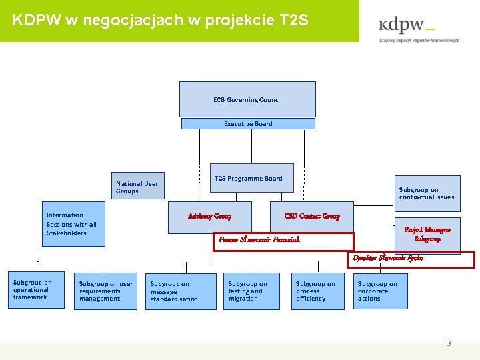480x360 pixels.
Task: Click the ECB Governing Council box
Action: tap(247, 99)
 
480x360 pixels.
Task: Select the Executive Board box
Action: tap(248, 123)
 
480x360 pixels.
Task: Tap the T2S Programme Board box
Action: tap(252, 178)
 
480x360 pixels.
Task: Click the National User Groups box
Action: tap(137, 187)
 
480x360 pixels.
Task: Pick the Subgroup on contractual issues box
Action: tap(427, 193)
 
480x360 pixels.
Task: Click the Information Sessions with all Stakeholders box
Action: tap(71, 224)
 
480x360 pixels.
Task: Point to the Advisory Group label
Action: tap(209, 216)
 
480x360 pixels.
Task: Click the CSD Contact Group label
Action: tap(311, 216)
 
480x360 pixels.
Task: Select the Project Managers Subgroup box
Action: tap(427, 234)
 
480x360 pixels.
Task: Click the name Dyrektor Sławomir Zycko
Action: tap(388, 257)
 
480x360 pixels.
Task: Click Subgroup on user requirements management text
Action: tap(106, 291)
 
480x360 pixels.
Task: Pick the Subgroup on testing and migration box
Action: tap(251, 291)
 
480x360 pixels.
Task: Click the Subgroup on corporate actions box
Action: tap(380, 291)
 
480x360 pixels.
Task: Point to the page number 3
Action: tap(449, 343)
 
